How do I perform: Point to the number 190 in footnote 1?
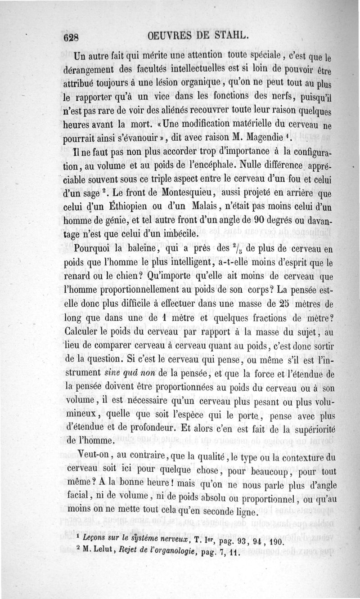tap(274, 541)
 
